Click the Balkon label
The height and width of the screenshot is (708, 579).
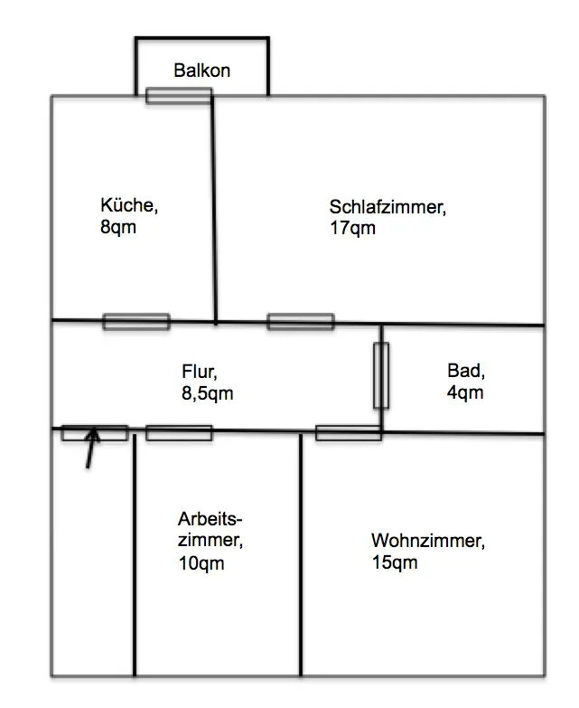click(202, 71)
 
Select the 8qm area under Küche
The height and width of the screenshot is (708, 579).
click(118, 227)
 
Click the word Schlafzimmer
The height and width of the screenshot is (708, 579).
click(388, 207)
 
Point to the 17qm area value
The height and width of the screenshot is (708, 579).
click(352, 228)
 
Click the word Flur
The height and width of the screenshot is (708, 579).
click(200, 372)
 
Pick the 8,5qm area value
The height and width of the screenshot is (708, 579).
click(208, 393)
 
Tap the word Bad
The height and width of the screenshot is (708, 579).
click(466, 371)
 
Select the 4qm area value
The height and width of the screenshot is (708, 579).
click(465, 392)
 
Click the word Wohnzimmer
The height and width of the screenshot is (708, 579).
click(428, 541)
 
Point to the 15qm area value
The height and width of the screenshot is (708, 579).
click(395, 562)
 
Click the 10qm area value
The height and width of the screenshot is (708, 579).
click(201, 563)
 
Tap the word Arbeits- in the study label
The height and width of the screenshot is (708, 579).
click(210, 519)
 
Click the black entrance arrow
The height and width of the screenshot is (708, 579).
click(90, 448)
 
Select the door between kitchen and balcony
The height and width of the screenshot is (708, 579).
click(179, 96)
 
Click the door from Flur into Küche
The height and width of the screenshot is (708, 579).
click(136, 322)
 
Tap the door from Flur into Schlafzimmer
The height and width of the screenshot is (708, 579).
click(301, 322)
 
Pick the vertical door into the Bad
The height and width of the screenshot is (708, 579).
click(381, 375)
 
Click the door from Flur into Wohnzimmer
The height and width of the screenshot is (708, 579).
click(349, 433)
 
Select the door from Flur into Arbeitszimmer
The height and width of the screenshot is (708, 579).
click(179, 433)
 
